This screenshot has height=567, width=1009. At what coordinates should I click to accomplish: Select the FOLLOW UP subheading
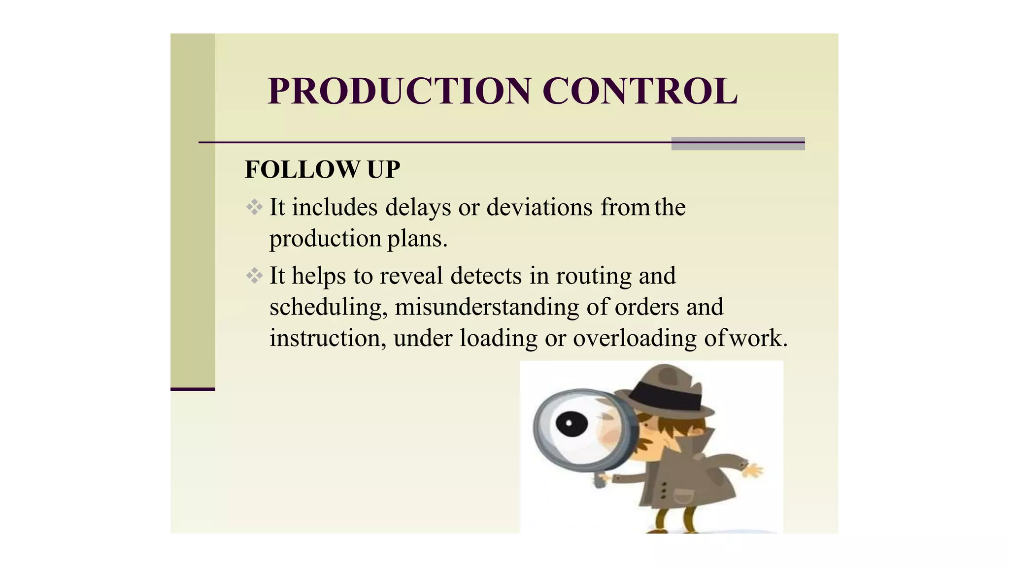point(322,170)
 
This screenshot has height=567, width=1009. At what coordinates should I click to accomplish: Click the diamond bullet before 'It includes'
point(254,207)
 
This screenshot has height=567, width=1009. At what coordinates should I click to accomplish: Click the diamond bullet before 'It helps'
point(254,276)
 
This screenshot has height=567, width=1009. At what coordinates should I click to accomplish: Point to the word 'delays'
point(418,207)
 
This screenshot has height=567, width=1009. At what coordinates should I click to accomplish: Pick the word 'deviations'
point(539,207)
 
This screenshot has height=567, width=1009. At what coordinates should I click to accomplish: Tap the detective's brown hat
point(665,389)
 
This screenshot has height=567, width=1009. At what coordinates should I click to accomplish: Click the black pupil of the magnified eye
point(572,423)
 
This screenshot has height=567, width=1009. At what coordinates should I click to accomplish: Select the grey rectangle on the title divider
point(738,143)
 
